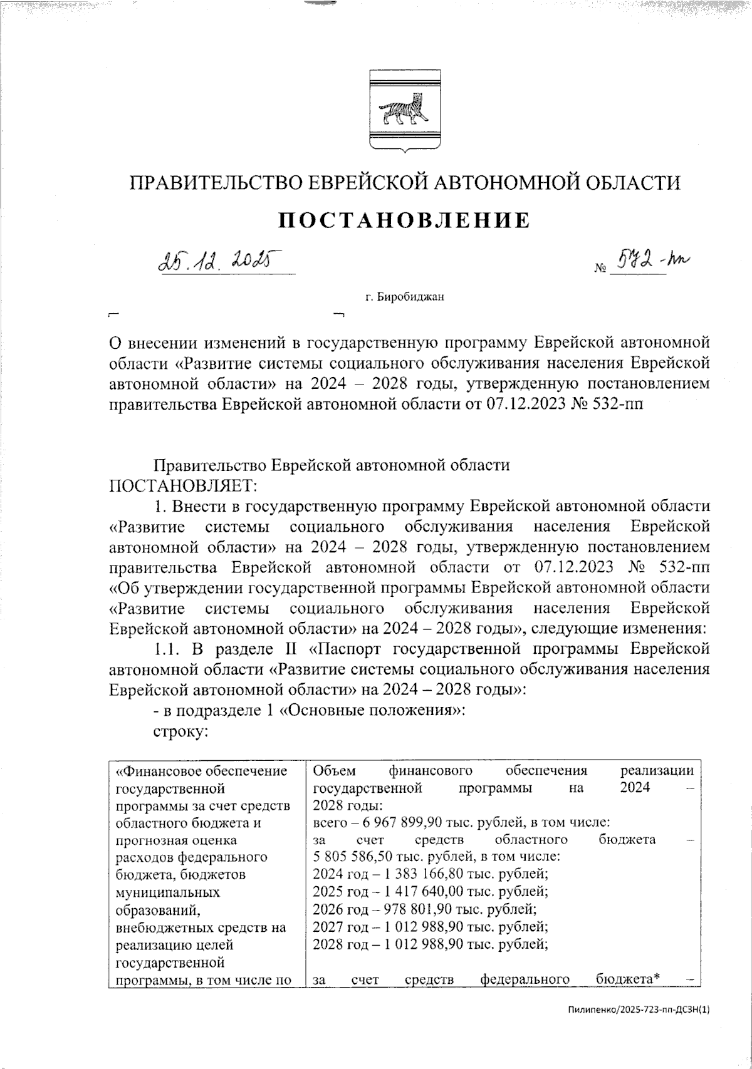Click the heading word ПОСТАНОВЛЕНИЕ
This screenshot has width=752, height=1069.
404,220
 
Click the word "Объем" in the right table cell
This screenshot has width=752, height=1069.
333,770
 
